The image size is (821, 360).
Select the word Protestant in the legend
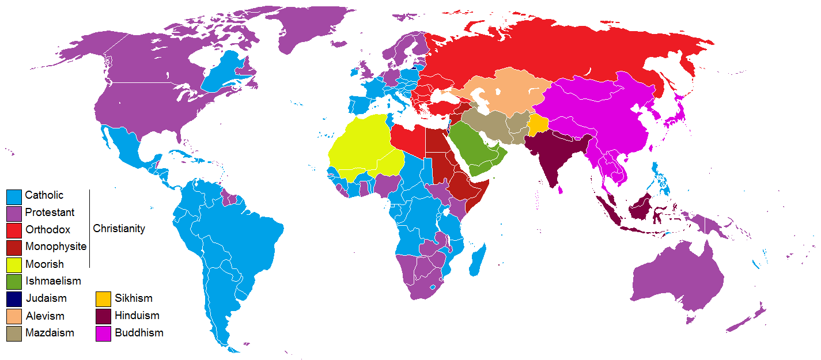(x=50, y=213)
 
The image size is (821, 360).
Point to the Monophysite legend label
(x=55, y=247)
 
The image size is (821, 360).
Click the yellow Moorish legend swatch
(x=14, y=265)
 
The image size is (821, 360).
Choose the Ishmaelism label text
(x=53, y=281)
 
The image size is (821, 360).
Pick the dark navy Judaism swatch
(x=14, y=299)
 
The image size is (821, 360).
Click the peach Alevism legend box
(x=14, y=316)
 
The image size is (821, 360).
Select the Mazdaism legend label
(x=50, y=333)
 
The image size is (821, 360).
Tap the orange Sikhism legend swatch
(x=103, y=299)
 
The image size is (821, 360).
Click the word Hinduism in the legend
(x=137, y=316)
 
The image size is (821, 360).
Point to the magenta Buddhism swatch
(x=103, y=333)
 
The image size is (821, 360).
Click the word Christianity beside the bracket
(x=119, y=229)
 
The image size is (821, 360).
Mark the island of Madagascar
(x=478, y=259)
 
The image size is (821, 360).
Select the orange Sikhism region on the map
(x=538, y=124)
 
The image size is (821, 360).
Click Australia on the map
(x=680, y=276)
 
